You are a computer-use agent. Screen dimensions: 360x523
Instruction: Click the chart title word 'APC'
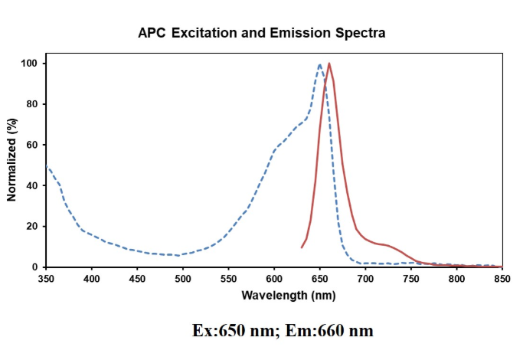click(152, 33)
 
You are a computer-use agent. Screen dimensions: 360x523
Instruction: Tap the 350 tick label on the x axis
click(47, 280)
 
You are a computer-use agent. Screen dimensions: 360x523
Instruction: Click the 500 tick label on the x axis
click(183, 280)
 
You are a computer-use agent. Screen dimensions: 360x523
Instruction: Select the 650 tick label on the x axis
click(320, 280)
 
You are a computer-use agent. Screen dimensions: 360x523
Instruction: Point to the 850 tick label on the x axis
click(502, 280)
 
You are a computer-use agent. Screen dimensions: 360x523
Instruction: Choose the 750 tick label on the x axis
click(411, 280)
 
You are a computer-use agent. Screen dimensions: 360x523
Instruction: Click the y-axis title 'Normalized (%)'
click(12, 160)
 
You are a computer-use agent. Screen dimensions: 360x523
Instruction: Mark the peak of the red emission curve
click(329, 64)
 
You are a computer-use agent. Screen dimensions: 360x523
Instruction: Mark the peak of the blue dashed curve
click(319, 64)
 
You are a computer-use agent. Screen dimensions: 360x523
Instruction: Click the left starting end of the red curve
click(302, 247)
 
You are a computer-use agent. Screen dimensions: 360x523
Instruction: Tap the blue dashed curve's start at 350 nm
click(47, 166)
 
